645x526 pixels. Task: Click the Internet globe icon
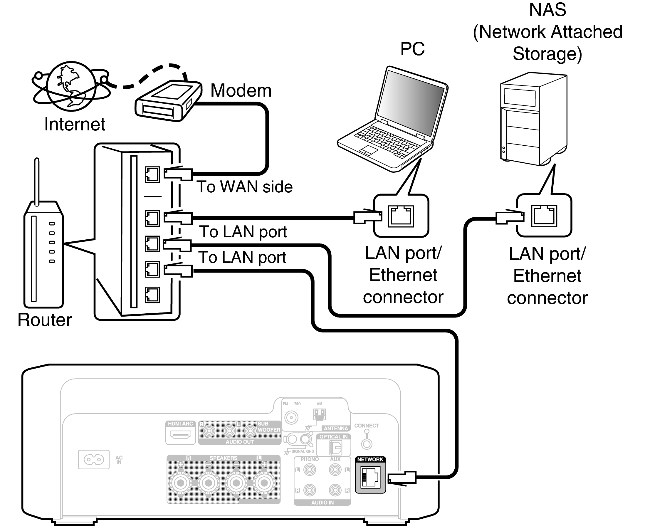(71, 86)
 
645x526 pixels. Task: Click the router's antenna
(37, 182)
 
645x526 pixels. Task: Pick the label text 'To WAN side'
(244, 187)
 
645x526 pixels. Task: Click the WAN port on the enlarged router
(152, 174)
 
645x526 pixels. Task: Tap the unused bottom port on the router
(152, 295)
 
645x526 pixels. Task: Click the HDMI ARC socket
(181, 435)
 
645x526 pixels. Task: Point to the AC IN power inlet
(94, 460)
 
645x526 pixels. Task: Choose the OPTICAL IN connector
(335, 447)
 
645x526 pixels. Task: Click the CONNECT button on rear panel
(367, 444)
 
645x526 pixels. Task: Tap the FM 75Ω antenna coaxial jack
(291, 418)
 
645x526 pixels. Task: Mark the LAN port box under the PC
(401, 216)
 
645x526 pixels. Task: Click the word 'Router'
(45, 320)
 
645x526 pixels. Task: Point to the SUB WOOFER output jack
(250, 431)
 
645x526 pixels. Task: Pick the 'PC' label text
(412, 49)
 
